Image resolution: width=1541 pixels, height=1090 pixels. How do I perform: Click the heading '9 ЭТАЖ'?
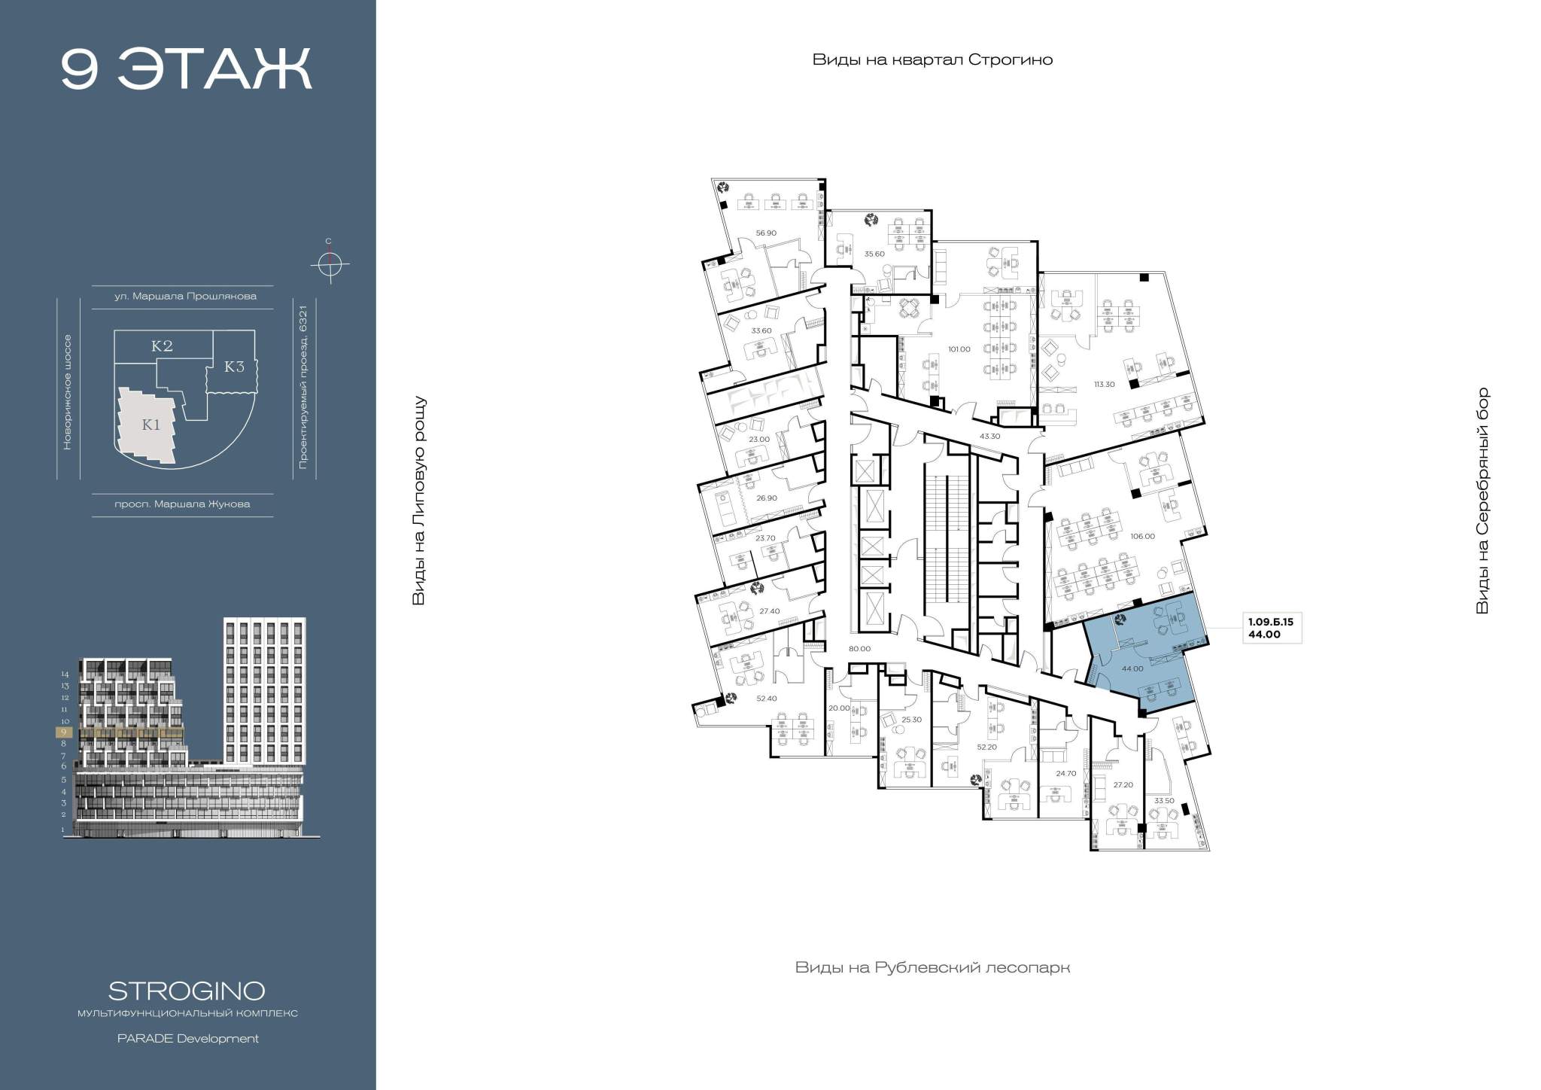[186, 69]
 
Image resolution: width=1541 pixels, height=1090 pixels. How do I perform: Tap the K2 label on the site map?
[163, 346]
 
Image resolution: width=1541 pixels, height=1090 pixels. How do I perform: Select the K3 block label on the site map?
[235, 367]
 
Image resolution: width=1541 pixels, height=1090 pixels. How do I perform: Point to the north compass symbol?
[329, 263]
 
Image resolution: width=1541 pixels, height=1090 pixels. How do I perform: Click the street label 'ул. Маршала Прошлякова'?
[185, 297]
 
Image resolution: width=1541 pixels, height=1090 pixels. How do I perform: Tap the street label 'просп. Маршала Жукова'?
[182, 504]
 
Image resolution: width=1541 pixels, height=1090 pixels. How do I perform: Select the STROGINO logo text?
[187, 990]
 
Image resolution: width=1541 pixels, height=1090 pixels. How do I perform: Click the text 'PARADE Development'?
[187, 1039]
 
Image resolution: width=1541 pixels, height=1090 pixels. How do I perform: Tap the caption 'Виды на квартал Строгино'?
[932, 60]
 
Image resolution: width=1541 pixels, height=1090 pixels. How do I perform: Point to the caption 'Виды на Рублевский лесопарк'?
[932, 967]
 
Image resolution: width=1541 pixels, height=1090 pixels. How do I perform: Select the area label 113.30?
[1104, 384]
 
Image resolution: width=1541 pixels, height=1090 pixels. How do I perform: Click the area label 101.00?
[959, 349]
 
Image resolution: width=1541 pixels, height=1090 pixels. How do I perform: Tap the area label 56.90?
[765, 233]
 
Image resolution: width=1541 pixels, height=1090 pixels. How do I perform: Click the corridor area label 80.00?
[859, 649]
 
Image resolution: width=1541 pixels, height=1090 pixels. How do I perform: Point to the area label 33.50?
[1164, 800]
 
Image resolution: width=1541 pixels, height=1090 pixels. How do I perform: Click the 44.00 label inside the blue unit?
[1132, 668]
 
